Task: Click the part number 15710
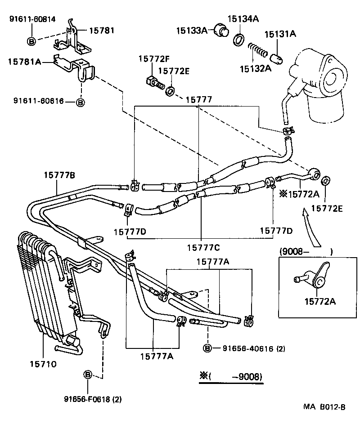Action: coord(44,364)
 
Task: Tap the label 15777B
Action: coord(59,175)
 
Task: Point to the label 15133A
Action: coord(191,30)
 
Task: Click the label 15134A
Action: coord(243,18)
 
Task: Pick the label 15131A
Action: coord(280,34)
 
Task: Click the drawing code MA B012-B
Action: coord(324,407)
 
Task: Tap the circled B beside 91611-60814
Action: coord(32,41)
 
